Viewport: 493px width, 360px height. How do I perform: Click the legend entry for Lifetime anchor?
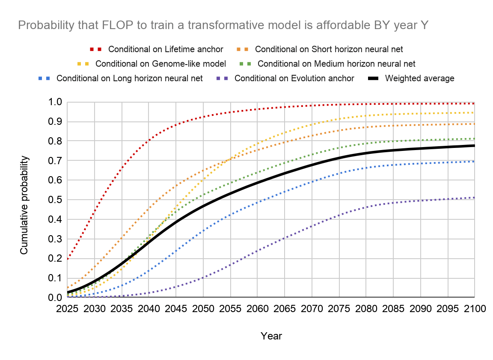[x=165, y=49]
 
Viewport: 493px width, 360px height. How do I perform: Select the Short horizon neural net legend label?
[x=329, y=49]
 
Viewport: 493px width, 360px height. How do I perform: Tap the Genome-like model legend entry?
[x=160, y=64]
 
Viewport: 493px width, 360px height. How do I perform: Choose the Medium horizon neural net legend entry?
[x=336, y=64]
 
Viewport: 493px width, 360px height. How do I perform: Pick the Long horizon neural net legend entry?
[x=129, y=78]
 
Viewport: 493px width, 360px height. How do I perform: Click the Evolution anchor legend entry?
[x=294, y=78]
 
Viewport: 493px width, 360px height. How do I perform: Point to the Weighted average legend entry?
[x=419, y=78]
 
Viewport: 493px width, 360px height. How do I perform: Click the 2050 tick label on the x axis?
[x=203, y=309]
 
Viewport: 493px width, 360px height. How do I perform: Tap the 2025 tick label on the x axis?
[x=67, y=309]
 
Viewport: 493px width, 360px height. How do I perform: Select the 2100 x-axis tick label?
[x=474, y=309]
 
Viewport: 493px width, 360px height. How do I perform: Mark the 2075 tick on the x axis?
[x=339, y=309]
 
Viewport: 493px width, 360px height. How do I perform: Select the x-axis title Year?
[x=271, y=336]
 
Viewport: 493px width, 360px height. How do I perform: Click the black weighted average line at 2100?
[x=474, y=146]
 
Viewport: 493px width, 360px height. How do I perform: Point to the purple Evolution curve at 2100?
[x=474, y=198]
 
